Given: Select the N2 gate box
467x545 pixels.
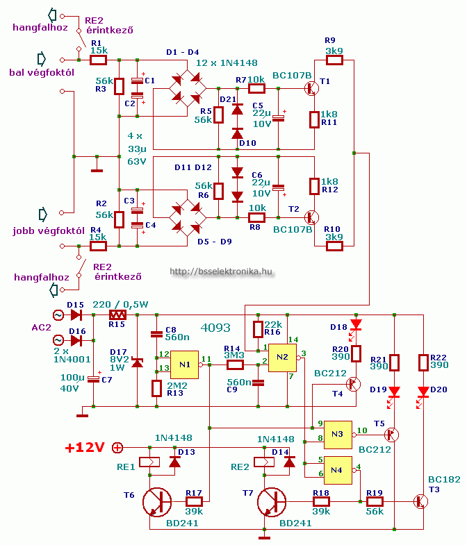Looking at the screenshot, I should point(282,357).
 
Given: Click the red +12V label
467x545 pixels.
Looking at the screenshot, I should point(85,448).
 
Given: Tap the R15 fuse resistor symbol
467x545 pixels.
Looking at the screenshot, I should point(116,315).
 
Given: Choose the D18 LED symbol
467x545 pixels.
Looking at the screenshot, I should point(357,324).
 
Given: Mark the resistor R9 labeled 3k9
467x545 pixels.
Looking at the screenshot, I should point(334,60).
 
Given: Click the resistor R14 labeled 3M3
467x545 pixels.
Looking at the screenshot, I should point(234,364).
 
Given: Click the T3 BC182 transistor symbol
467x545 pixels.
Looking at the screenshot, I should point(420,501).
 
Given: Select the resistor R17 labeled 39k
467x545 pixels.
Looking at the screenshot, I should point(193,501).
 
